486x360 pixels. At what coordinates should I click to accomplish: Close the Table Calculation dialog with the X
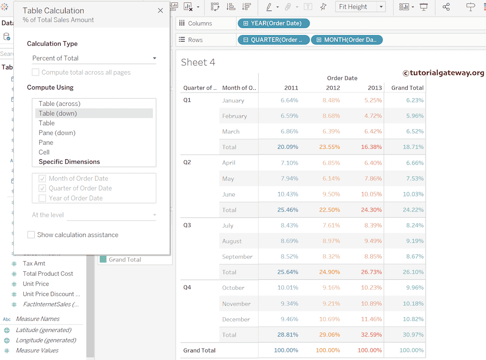(x=160, y=10)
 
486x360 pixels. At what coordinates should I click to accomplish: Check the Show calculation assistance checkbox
(x=31, y=235)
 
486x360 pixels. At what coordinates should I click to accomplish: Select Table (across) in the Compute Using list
(x=59, y=103)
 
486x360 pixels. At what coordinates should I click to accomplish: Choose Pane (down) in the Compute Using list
(x=57, y=133)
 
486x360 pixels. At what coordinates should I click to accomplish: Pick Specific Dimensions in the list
(x=69, y=162)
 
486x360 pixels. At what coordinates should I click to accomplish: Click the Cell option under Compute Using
(x=44, y=152)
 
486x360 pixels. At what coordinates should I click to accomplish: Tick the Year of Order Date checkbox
(x=43, y=198)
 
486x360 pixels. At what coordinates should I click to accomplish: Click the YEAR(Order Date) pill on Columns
(x=273, y=23)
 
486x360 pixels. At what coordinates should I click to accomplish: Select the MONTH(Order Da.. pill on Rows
(x=346, y=40)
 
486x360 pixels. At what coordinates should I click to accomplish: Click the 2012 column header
(x=333, y=88)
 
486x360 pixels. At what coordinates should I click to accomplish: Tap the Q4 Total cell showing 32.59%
(x=371, y=335)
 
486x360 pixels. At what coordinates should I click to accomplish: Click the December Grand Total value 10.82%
(x=412, y=319)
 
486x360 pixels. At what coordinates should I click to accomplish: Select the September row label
(x=237, y=257)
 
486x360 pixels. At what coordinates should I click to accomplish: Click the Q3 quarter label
(x=187, y=225)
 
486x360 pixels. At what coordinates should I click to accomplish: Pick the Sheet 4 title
(x=198, y=62)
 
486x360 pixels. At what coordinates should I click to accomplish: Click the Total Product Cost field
(x=48, y=274)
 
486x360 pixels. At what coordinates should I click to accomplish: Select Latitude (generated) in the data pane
(x=43, y=330)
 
